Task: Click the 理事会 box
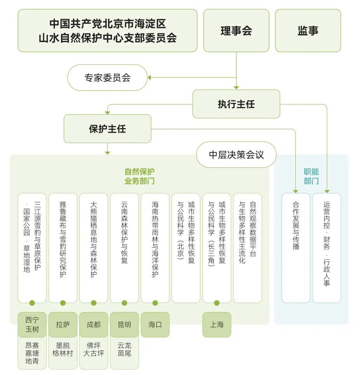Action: point(236,31)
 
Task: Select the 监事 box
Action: point(308,31)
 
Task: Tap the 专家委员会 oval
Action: point(107,77)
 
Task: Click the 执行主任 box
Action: point(236,104)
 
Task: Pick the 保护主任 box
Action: point(107,129)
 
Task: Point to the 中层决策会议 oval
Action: point(236,155)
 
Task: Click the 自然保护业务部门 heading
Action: point(140,176)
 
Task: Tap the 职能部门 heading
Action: point(311,176)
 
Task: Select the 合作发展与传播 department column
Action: point(296,248)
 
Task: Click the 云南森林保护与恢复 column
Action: point(124,248)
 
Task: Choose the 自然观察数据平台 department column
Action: point(247,248)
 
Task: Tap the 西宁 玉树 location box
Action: point(32,324)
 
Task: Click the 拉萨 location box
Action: point(63,324)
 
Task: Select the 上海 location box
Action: point(217,324)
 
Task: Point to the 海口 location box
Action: point(155,324)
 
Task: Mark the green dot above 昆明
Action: point(124,303)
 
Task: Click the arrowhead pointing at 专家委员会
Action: point(149,77)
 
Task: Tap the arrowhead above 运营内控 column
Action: point(327,191)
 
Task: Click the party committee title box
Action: point(108,31)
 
